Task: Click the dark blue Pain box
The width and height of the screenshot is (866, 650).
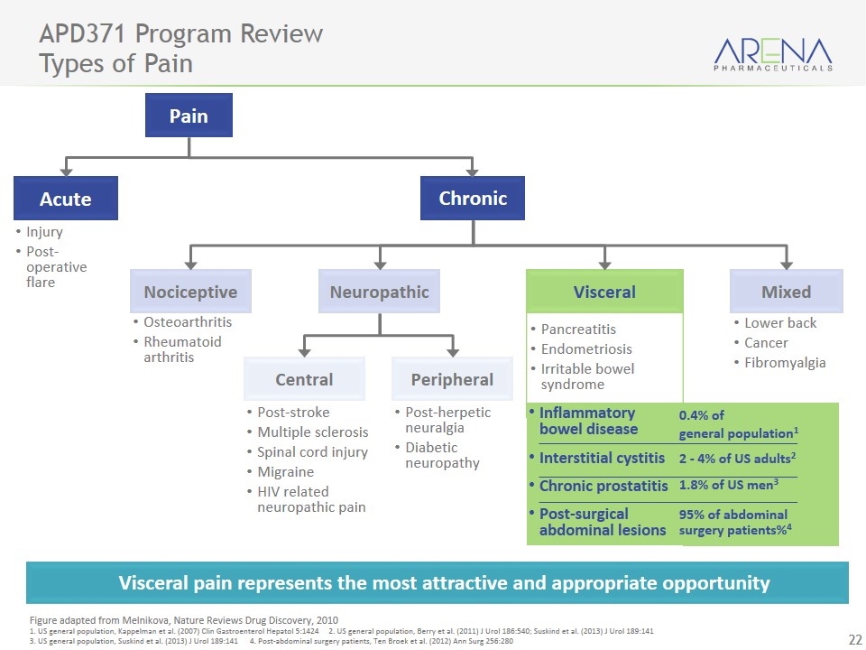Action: tap(189, 116)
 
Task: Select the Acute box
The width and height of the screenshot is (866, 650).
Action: tap(66, 199)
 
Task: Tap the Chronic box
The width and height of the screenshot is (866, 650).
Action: tap(473, 199)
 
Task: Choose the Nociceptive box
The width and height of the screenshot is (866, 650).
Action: tap(190, 292)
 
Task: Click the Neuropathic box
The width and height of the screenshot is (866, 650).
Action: tap(379, 292)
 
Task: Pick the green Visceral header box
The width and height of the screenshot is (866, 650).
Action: tap(604, 292)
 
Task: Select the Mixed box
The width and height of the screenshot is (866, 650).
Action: tap(786, 292)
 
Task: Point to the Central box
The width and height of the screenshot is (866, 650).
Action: tap(304, 379)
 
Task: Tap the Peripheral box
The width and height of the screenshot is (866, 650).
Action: tap(452, 379)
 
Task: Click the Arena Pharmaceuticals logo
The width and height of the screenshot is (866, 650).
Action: tap(772, 54)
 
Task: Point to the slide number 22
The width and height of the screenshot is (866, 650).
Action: tap(850, 640)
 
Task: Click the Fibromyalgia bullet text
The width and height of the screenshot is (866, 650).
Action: tap(785, 363)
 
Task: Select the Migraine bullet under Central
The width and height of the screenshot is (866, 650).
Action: tap(285, 472)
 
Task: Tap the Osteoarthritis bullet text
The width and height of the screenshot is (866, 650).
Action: tap(188, 322)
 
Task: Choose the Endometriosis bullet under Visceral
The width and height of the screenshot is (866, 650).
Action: tap(586, 349)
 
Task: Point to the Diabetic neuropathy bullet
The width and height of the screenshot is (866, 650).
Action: tap(442, 455)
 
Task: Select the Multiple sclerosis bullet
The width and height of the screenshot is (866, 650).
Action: tap(312, 432)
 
